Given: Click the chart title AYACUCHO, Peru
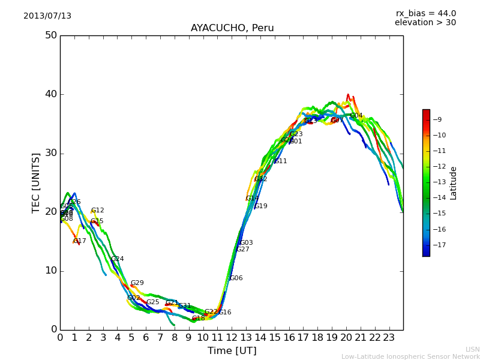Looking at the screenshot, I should (x=232, y=28).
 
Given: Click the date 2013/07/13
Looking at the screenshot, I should (x=47, y=16).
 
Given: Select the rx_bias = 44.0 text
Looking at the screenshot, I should (x=425, y=13).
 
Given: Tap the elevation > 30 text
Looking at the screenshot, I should (x=425, y=23).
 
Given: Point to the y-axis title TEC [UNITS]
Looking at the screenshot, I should (x=36, y=182).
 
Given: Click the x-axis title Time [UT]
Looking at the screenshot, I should (x=232, y=351).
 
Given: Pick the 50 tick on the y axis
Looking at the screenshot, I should (x=51, y=35).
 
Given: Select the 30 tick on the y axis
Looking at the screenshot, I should (x=51, y=153).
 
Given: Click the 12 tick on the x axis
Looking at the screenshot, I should (x=232, y=338).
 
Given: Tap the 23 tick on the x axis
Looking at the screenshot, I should (x=389, y=338).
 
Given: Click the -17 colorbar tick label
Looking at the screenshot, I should (x=438, y=245).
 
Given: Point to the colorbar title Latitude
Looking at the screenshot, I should (x=454, y=182).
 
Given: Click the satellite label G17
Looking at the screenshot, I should (x=80, y=241).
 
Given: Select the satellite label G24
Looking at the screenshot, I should (x=118, y=259).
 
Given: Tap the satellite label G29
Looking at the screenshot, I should (x=137, y=283).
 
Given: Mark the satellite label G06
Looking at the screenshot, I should (x=236, y=278).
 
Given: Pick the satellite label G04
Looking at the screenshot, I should (x=356, y=116).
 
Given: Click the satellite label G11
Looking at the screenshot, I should (x=281, y=161).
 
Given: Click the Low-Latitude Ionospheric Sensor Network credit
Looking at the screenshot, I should (x=410, y=356).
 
